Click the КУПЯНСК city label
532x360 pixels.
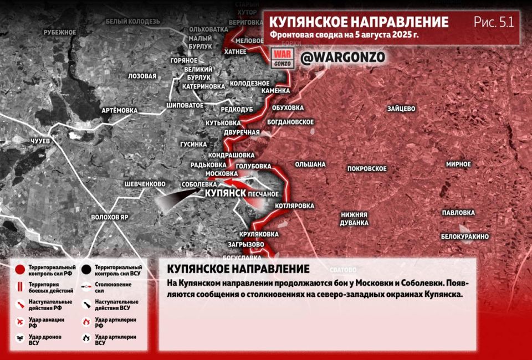pyautogui.click(x=226, y=193)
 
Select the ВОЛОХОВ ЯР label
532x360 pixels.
pyautogui.click(x=110, y=217)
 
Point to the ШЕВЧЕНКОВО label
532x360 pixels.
pyautogui.click(x=145, y=184)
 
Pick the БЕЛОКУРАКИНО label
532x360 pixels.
pyautogui.click(x=465, y=236)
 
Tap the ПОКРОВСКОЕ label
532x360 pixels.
pyautogui.click(x=367, y=168)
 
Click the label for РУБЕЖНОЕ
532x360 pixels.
pyautogui.click(x=59, y=32)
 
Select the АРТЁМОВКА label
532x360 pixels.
pyautogui.click(x=119, y=110)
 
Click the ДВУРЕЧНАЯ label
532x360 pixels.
pyautogui.click(x=242, y=132)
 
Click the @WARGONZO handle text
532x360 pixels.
pyautogui.click(x=342, y=57)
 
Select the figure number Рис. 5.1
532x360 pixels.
pyautogui.click(x=494, y=22)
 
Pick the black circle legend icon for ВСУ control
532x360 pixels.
pyautogui.click(x=86, y=270)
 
